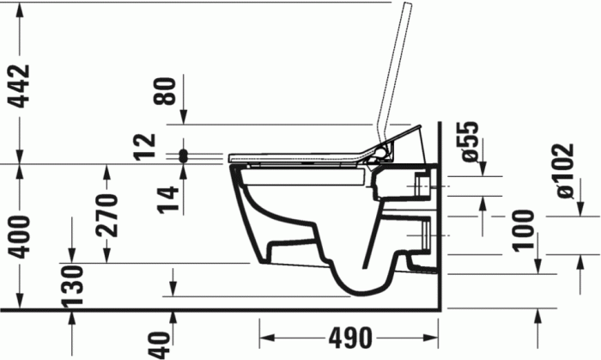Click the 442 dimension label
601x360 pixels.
pyautogui.click(x=19, y=84)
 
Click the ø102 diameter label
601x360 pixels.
pyautogui.click(x=565, y=171)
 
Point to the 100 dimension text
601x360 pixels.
pyautogui.click(x=525, y=229)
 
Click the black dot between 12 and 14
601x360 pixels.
pyautogui.click(x=182, y=156)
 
